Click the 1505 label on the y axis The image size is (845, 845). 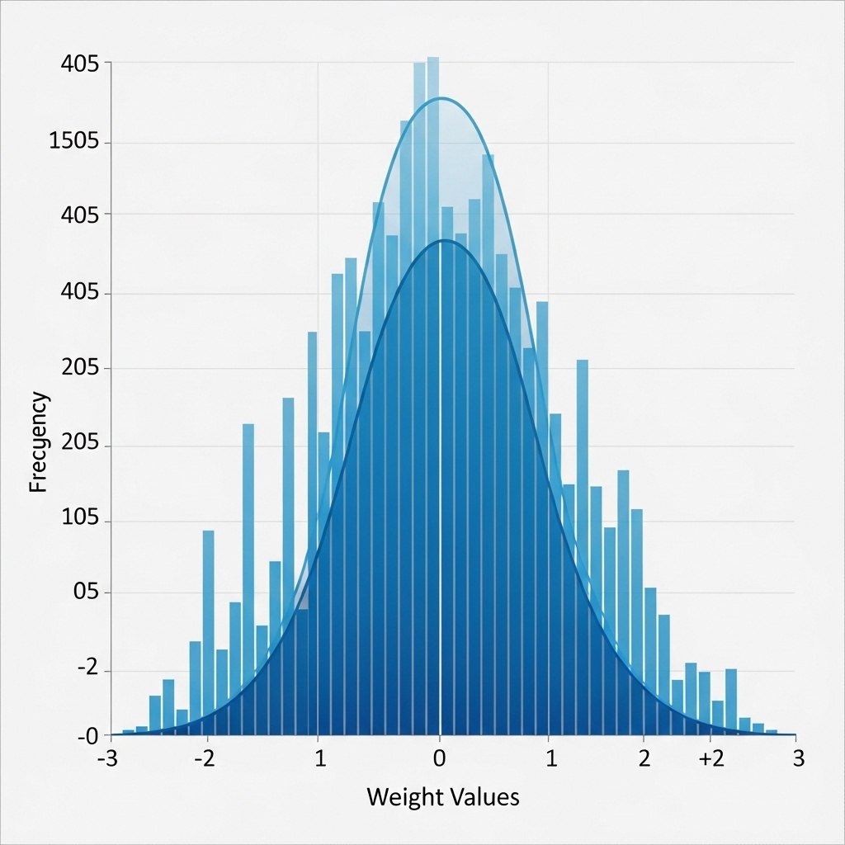74,141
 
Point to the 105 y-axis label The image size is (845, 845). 80,518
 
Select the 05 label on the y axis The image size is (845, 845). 86,592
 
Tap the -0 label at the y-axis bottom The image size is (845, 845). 87,737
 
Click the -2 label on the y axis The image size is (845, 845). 87,668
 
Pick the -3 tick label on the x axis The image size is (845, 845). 108,759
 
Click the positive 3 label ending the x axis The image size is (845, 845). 799,759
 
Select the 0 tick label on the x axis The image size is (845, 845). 440,759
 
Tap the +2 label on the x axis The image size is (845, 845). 711,759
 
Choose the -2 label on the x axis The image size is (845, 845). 205,759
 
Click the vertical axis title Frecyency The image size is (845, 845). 39,442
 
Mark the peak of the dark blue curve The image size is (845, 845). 443,240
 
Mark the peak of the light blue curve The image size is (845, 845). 441,98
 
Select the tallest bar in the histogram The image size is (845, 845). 433,396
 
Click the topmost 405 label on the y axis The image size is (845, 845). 80,64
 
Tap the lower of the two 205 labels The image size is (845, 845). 80,442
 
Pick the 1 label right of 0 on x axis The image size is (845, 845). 550,759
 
